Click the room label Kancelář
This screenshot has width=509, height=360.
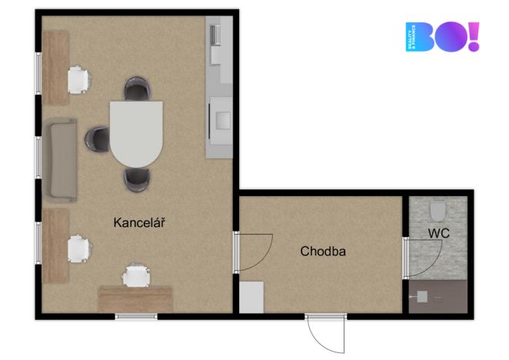[139, 223]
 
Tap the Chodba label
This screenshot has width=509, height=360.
[323, 251]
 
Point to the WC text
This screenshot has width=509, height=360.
[439, 232]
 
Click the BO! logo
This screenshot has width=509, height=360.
[441, 37]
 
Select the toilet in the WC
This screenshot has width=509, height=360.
[438, 210]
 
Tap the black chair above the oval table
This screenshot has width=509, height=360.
[136, 89]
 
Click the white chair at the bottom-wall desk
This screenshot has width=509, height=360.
[136, 275]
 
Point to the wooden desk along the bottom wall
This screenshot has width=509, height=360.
[135, 298]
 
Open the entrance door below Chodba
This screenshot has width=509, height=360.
[324, 332]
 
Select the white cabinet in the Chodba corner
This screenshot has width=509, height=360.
[251, 297]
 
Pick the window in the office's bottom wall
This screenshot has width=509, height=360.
[136, 316]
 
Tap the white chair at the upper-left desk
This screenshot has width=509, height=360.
[78, 79]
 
